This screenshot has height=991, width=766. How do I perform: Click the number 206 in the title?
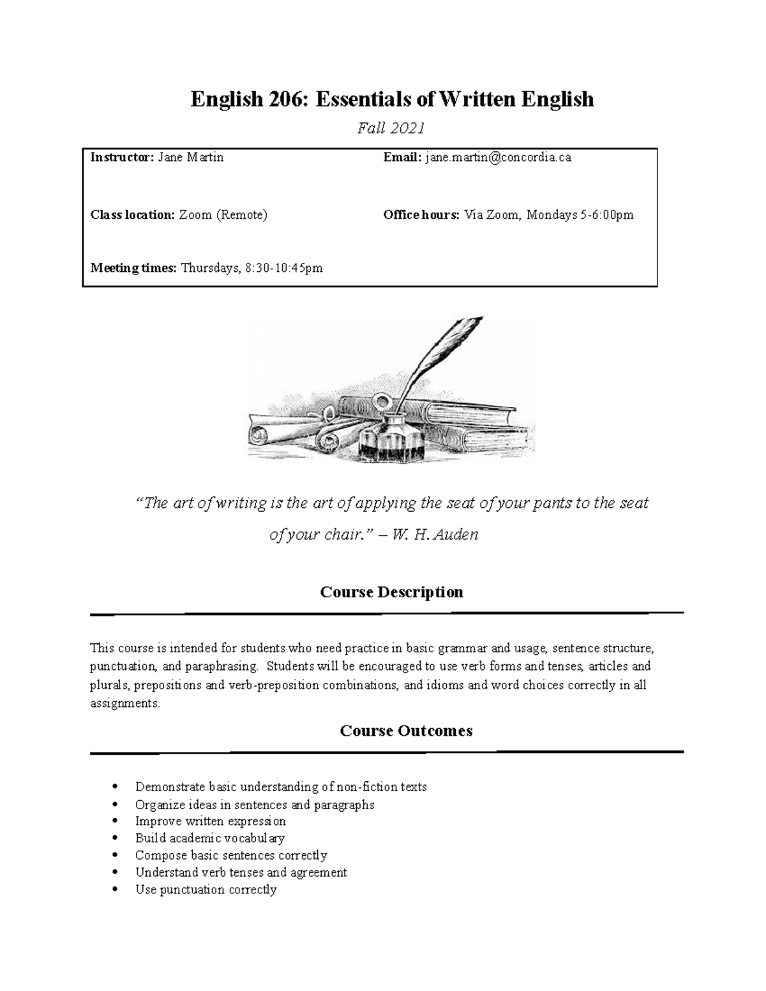click(x=287, y=99)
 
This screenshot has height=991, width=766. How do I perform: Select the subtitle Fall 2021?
click(x=391, y=128)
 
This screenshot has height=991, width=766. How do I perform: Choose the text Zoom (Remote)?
click(x=223, y=215)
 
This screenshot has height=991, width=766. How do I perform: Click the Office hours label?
click(x=421, y=215)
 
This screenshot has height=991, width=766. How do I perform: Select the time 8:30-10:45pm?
click(x=284, y=268)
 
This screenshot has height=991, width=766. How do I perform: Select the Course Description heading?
click(x=391, y=592)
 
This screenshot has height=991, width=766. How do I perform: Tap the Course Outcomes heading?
click(x=406, y=731)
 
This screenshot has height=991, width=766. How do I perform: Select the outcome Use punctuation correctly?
click(x=206, y=890)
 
